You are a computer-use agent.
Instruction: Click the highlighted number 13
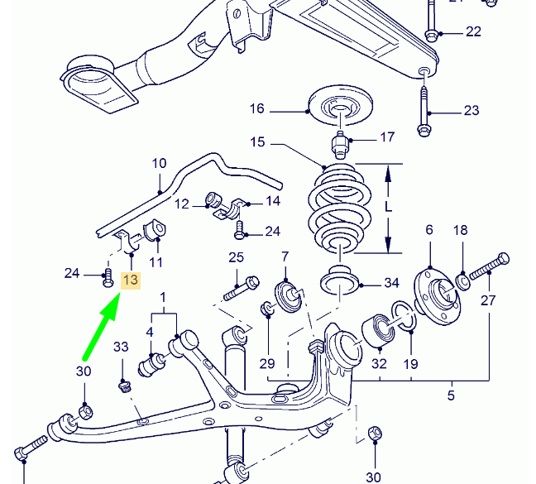(x=131, y=280)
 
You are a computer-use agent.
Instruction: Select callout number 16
(x=256, y=108)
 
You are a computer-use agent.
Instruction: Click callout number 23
(x=471, y=111)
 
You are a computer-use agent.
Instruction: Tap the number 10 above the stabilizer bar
(x=159, y=163)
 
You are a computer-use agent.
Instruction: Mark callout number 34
(x=391, y=283)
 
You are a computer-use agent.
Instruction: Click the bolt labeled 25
(x=241, y=286)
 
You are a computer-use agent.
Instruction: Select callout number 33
(x=121, y=346)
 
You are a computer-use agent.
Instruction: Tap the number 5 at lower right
(x=451, y=395)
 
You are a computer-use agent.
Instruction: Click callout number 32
(x=379, y=362)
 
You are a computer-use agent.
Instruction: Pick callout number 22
(x=472, y=32)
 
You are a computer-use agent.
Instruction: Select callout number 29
(x=266, y=362)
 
